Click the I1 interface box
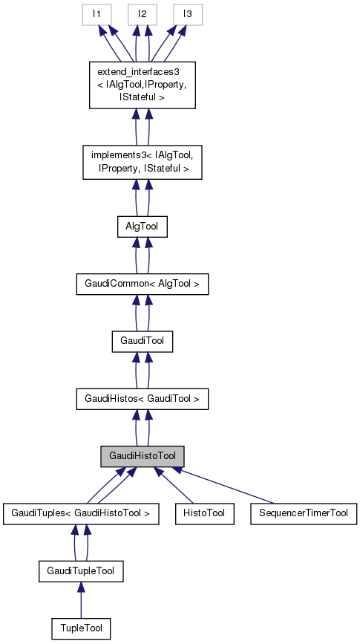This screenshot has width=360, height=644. pyautogui.click(x=96, y=14)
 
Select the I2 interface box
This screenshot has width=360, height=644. pyautogui.click(x=142, y=14)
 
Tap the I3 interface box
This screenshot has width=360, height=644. pyautogui.click(x=188, y=14)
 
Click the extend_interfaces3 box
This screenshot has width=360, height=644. pyautogui.click(x=142, y=85)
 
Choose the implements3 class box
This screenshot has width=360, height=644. pyautogui.click(x=142, y=162)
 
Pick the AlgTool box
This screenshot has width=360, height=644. pyautogui.click(x=142, y=227)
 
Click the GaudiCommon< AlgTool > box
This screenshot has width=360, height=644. pyautogui.click(x=142, y=284)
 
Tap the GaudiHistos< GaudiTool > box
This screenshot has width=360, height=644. pyautogui.click(x=142, y=399)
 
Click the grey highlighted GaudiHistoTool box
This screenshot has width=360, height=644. pyautogui.click(x=142, y=455)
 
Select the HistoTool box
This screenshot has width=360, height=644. pyautogui.click(x=204, y=513)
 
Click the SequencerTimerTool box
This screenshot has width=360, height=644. pyautogui.click(x=304, y=513)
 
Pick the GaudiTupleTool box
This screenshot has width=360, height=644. pyautogui.click(x=80, y=570)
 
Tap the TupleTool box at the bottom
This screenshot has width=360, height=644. pyautogui.click(x=80, y=628)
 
